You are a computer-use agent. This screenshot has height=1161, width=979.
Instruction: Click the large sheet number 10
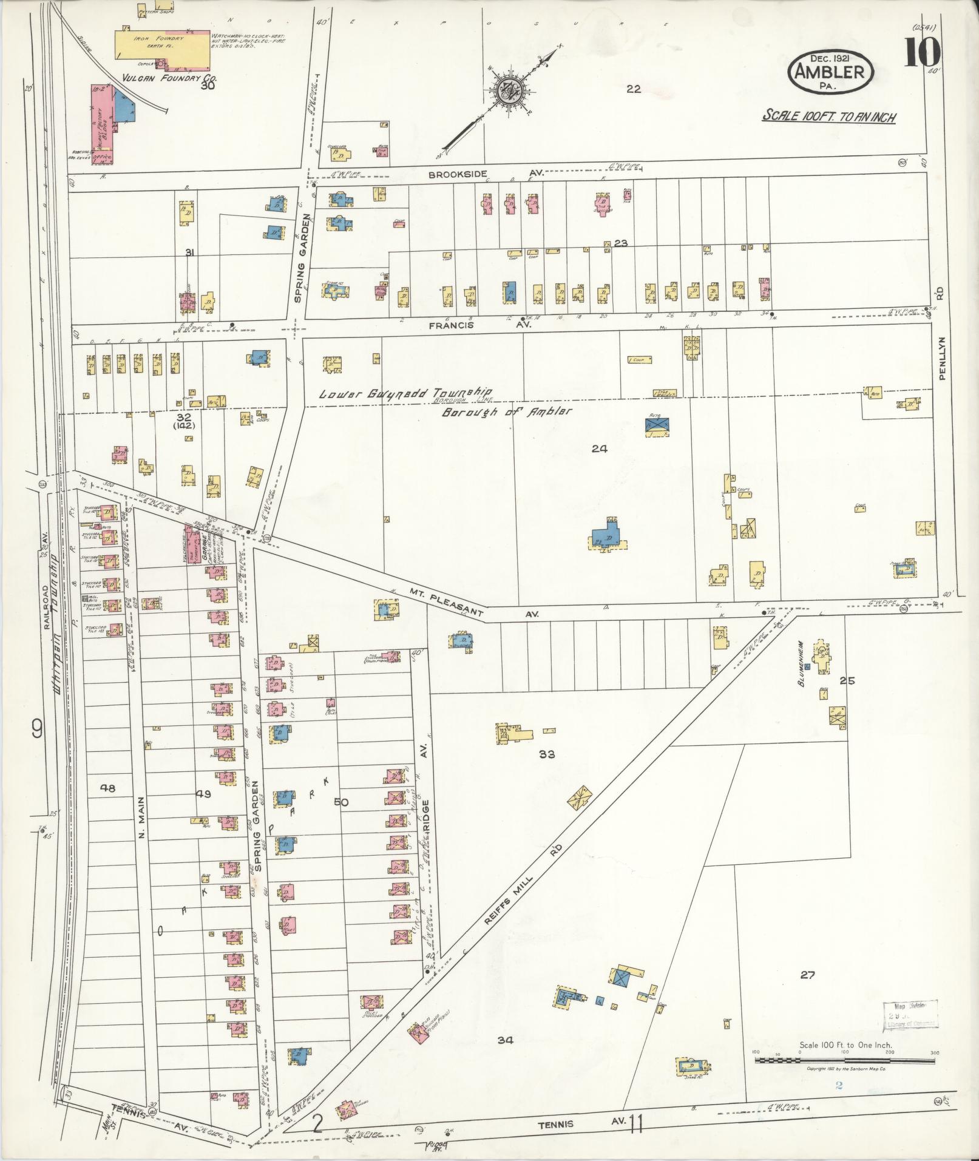coord(923,53)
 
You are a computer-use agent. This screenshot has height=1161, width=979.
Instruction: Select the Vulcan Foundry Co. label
coord(161,78)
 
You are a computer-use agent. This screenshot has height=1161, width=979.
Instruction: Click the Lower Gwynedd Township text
coord(405,393)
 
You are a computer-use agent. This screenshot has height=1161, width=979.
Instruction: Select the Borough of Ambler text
coord(507,411)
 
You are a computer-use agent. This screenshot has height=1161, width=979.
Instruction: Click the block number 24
coord(600,448)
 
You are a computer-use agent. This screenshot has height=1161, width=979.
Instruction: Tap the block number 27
coord(807,975)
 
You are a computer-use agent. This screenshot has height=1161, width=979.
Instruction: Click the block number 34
coord(506,1040)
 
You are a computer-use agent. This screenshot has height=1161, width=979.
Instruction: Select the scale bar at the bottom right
coord(844,1060)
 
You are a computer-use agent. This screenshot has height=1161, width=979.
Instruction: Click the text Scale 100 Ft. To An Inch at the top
coord(829,117)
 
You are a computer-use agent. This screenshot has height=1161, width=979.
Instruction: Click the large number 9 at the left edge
coord(38,729)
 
